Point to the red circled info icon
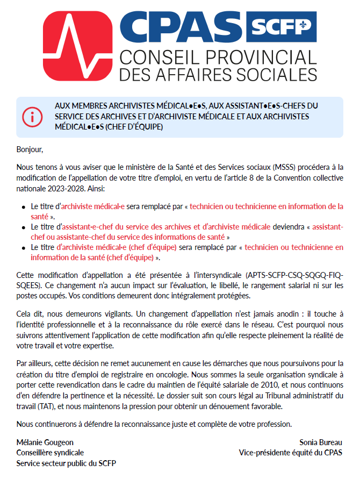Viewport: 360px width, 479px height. (32, 116)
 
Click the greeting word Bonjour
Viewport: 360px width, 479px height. (29, 149)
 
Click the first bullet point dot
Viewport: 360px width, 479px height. (23, 207)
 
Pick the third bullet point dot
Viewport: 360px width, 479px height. (23, 248)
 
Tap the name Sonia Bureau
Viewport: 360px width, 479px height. (321, 442)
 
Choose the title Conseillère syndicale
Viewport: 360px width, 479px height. (50, 453)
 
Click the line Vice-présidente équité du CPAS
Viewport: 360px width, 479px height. (290, 453)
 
